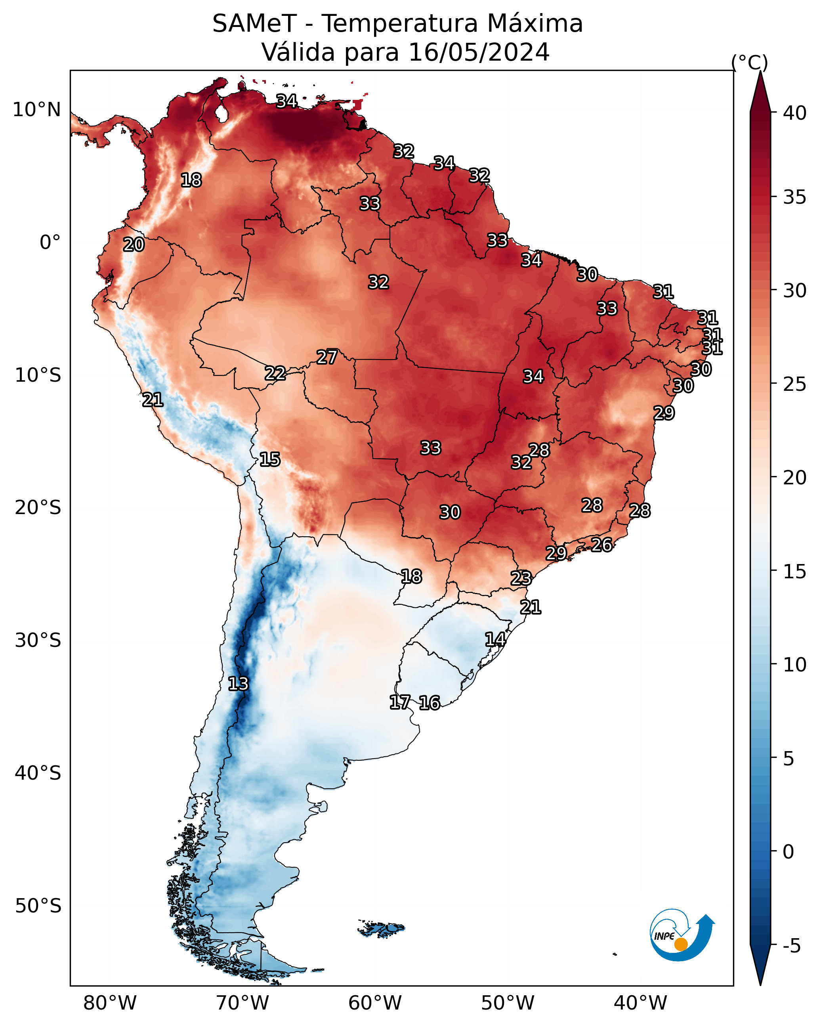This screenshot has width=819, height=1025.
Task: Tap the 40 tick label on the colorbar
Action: tap(795, 113)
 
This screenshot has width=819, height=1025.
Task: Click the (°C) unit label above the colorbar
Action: tap(750, 62)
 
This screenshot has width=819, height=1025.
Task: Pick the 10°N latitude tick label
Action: tap(36, 110)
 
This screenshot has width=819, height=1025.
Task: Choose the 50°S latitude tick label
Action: tap(38, 906)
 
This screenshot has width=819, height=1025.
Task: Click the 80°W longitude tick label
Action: tap(110, 1003)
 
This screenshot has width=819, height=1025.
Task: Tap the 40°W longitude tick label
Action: tap(640, 1003)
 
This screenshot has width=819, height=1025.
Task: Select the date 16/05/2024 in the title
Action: tap(479, 52)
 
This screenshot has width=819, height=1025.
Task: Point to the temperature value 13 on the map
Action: tap(238, 684)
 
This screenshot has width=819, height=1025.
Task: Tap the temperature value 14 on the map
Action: tap(495, 639)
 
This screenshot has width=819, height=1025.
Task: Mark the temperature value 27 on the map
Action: tap(327, 357)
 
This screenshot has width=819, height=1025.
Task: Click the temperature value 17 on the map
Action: tap(400, 702)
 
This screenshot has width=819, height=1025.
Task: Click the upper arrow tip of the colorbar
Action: tap(760, 71)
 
